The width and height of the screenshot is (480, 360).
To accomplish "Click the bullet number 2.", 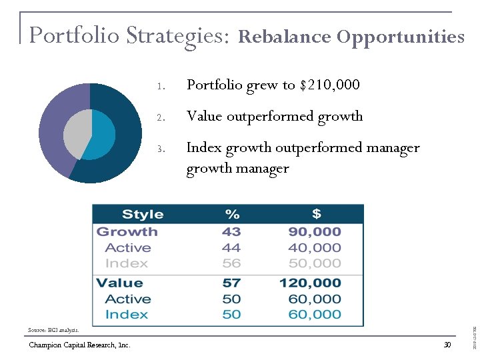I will [x=161, y=117].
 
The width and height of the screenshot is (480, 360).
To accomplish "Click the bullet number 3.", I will [x=161, y=148].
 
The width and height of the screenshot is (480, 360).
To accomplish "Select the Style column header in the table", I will [x=143, y=214].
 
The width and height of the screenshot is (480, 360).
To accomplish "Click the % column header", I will [x=232, y=214].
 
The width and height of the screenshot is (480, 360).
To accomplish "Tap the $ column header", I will [x=316, y=214].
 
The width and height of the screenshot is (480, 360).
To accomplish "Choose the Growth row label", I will [x=127, y=232].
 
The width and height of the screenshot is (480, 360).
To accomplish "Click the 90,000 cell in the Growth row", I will [x=314, y=232].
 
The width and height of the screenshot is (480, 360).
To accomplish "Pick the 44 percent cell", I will [x=232, y=248].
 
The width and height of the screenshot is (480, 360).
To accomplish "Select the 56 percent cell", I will [x=232, y=263].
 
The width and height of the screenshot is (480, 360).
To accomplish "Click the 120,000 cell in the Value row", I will [x=310, y=283].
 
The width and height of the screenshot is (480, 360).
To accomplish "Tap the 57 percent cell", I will [x=232, y=283].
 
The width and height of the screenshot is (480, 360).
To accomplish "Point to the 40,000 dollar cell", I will [x=314, y=248].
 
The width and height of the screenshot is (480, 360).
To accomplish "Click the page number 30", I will [x=447, y=345].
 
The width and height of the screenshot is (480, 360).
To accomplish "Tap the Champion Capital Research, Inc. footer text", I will [x=79, y=345].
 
